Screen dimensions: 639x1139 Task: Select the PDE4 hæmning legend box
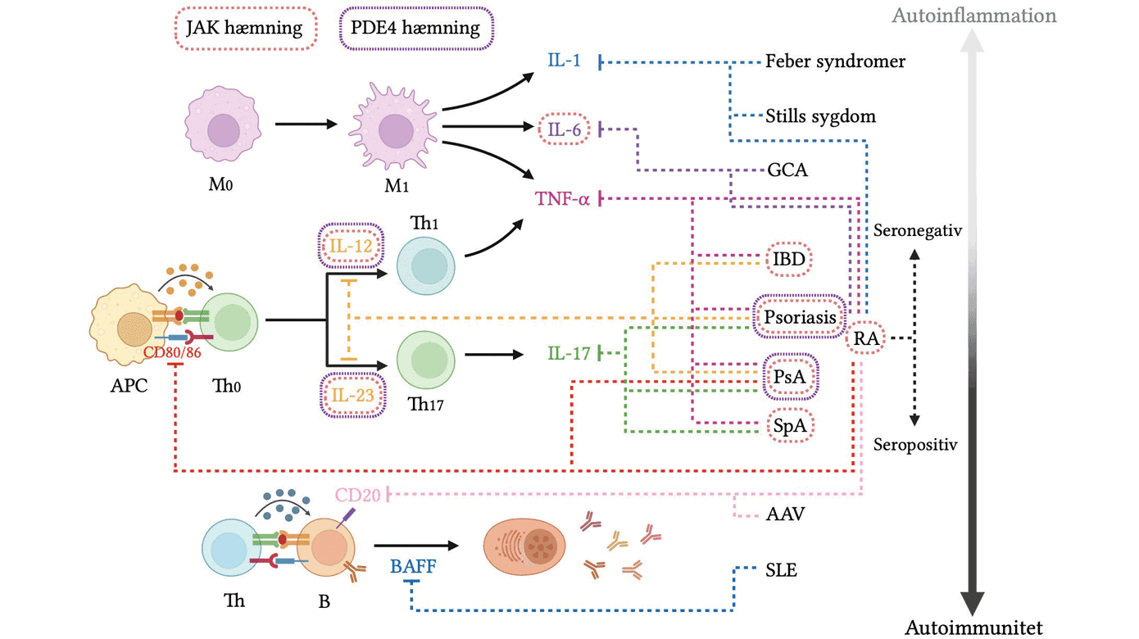point(416,29)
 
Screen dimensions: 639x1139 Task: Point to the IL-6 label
point(565,129)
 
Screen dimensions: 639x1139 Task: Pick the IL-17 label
point(569,354)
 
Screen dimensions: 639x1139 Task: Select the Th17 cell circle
point(425,360)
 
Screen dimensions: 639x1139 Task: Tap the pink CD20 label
point(358,495)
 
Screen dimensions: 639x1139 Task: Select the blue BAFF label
point(413,564)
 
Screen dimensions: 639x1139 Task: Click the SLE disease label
point(780,570)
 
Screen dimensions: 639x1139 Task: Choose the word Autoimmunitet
point(973,628)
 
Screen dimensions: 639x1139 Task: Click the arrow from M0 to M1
point(306,125)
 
